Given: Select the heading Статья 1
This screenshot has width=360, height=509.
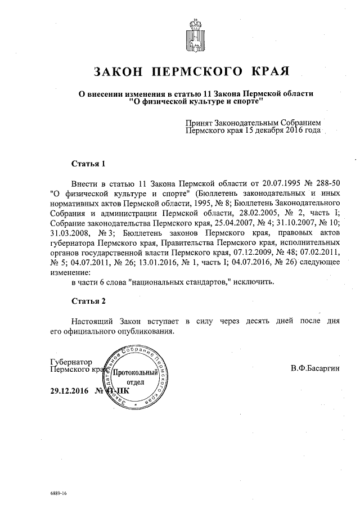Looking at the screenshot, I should [88, 164].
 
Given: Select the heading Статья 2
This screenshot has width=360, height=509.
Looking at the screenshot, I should [88, 300].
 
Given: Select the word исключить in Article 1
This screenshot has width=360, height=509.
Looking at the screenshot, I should [256, 281].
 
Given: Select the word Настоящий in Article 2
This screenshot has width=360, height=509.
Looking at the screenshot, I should [93, 321].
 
